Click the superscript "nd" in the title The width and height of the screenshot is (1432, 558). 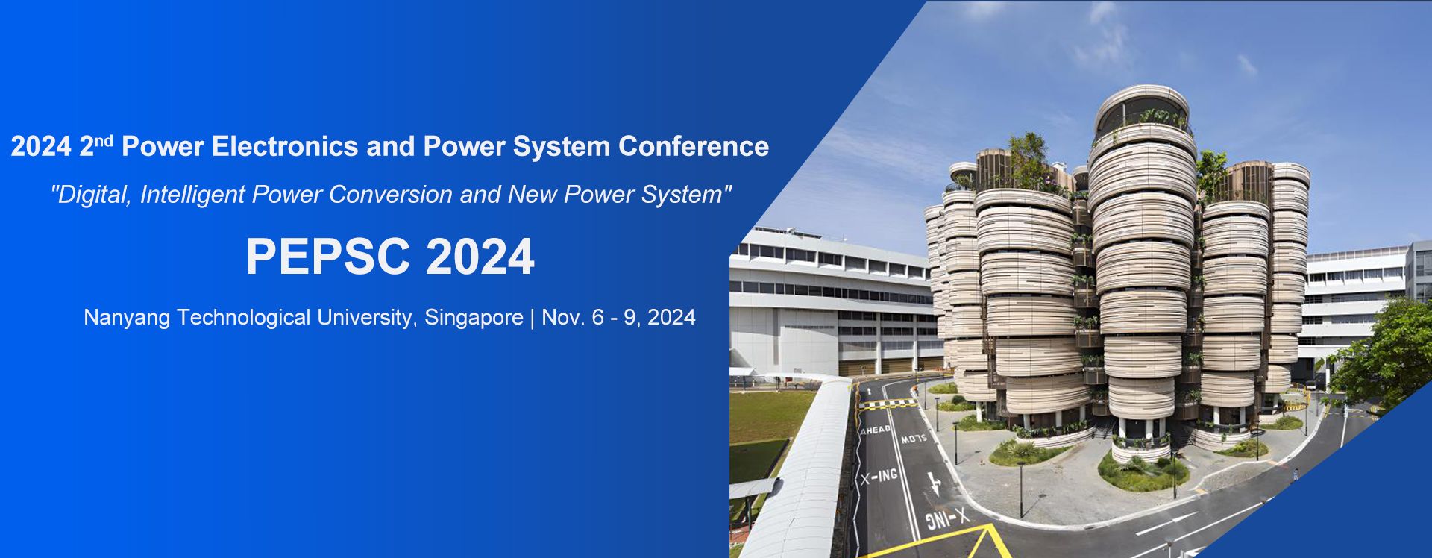(103, 139)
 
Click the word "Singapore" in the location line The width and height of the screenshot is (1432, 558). (474, 319)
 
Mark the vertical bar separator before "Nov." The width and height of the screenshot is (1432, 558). (533, 319)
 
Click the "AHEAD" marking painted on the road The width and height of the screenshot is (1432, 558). (876, 430)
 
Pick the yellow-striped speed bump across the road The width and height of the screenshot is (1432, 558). (888, 404)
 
